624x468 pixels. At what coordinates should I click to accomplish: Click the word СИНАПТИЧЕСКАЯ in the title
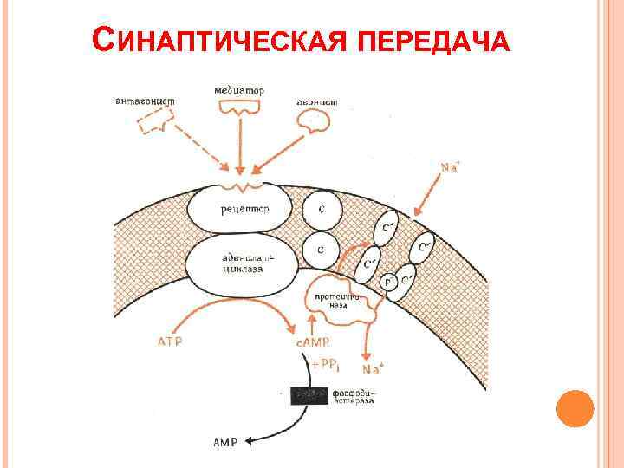point(216,41)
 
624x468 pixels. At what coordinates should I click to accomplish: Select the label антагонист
point(145,101)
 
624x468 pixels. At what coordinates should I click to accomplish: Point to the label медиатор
point(240,89)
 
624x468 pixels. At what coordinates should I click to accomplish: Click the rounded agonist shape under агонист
point(314,125)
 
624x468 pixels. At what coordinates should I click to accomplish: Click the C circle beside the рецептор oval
point(322,209)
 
